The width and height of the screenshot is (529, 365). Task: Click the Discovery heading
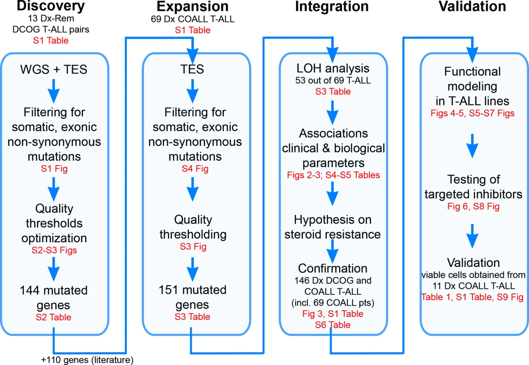(x=51, y=6)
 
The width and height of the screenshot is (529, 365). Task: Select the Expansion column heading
(x=192, y=6)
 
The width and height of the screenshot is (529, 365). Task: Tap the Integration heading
(x=332, y=6)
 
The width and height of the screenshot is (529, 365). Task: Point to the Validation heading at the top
(x=472, y=6)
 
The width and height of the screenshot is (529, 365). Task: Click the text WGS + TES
(x=54, y=69)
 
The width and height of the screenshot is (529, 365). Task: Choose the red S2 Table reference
(x=54, y=317)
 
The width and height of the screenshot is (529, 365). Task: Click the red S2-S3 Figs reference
(x=54, y=250)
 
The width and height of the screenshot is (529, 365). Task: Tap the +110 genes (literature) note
(x=88, y=360)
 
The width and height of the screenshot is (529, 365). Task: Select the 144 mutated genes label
(x=54, y=297)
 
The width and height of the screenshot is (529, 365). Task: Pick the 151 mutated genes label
(x=192, y=297)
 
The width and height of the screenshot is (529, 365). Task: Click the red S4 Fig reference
(x=195, y=168)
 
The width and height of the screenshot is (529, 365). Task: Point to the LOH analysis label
(x=333, y=68)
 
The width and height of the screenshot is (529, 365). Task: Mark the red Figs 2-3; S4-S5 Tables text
(x=333, y=175)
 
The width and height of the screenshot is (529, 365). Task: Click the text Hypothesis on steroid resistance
(x=332, y=227)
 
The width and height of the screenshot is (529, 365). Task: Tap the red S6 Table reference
(x=333, y=325)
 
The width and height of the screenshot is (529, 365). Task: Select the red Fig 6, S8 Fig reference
(x=473, y=206)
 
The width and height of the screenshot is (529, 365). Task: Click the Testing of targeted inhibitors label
(x=473, y=187)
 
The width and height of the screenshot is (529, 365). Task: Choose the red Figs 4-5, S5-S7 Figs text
(x=472, y=113)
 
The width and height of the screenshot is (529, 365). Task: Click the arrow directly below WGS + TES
(x=54, y=91)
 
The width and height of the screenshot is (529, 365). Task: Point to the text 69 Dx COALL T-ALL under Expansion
(x=192, y=19)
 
